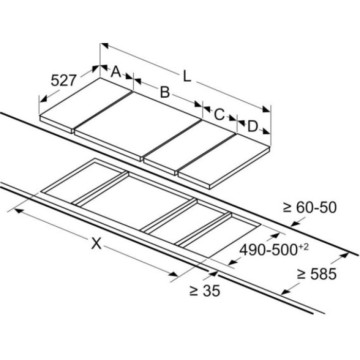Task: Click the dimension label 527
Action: pyautogui.click(x=63, y=80)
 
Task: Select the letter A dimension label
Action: pyautogui.click(x=116, y=71)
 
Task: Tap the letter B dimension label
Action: pyautogui.click(x=165, y=92)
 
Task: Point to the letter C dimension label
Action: pyautogui.click(x=219, y=114)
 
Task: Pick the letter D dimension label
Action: pyautogui.click(x=253, y=127)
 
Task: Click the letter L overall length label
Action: pyautogui.click(x=187, y=77)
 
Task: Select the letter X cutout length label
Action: pyautogui.click(x=97, y=243)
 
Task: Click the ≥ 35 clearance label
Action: pyautogui.click(x=205, y=291)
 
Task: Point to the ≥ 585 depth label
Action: pyautogui.click(x=317, y=274)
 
